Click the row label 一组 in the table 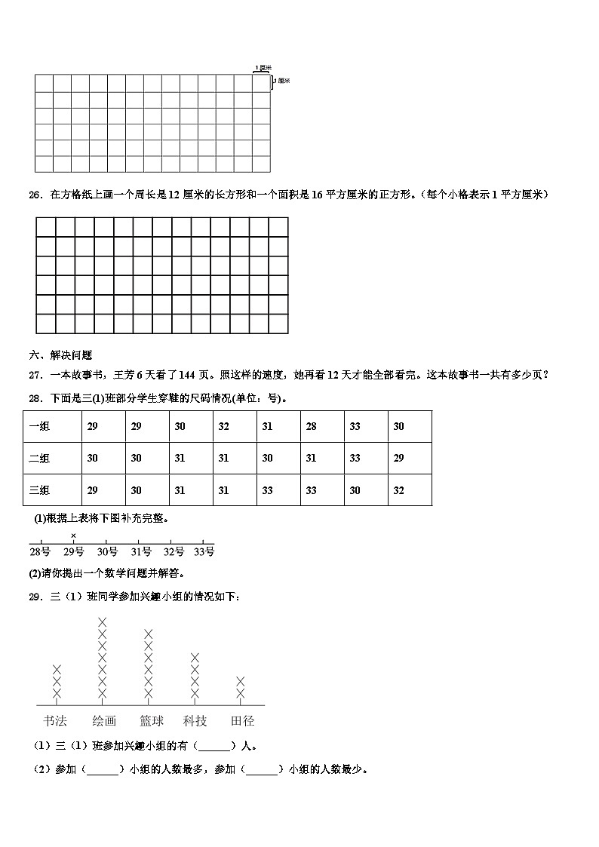tap(39, 427)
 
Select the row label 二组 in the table tap(39, 459)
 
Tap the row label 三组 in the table tap(39, 490)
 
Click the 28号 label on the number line tap(41, 552)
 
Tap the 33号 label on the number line tap(204, 552)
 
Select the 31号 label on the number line tap(140, 552)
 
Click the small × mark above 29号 tap(73, 536)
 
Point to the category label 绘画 tap(103, 720)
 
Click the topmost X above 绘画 tap(103, 621)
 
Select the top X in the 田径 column tap(241, 681)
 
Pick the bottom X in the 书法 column tap(57, 693)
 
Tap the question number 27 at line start tap(35, 375)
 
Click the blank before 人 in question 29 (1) tap(215, 747)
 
